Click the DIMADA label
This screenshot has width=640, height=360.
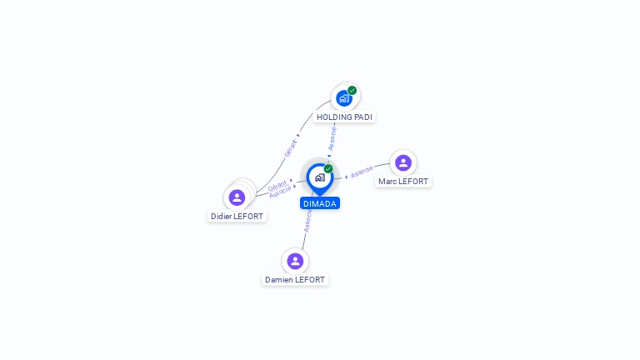[x=320, y=203]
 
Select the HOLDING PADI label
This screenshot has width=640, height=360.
[x=344, y=117]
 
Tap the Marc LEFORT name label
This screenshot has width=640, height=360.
[x=403, y=181]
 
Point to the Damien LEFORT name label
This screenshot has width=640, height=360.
[x=295, y=280]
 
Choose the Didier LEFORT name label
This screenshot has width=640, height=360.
[x=237, y=217]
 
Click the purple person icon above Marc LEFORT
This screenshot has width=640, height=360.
[x=403, y=162]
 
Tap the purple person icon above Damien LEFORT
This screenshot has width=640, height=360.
[x=295, y=261]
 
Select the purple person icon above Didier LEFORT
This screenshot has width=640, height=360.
[x=237, y=197]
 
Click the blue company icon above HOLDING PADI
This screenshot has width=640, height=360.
[x=342, y=98]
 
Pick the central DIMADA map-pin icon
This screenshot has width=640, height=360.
[x=319, y=177]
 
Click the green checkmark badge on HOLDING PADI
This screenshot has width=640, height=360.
[x=352, y=90]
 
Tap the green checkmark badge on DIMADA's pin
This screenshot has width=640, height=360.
[x=328, y=168]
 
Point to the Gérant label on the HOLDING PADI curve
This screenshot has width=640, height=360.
[x=291, y=147]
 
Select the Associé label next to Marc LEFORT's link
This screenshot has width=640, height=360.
[x=362, y=172]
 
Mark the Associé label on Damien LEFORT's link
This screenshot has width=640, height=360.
[x=307, y=220]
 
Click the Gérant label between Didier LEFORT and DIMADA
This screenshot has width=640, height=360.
[x=277, y=185]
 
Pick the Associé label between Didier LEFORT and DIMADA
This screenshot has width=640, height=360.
[x=280, y=192]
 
